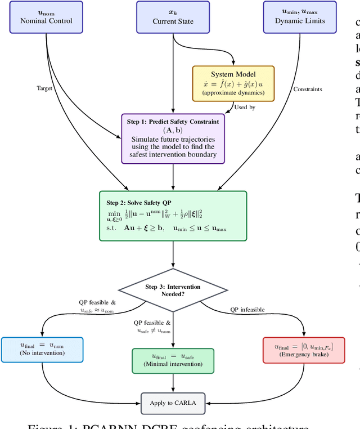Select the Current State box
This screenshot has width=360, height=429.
(173, 17)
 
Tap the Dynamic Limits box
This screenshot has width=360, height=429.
(300, 17)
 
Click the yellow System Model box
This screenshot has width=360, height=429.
(233, 83)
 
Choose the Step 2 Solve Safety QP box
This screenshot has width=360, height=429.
(173, 216)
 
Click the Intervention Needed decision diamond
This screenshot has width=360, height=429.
(173, 291)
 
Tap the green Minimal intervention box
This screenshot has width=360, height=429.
(173, 360)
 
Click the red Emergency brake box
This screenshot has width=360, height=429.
(303, 350)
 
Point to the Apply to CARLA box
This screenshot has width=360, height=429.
(173, 403)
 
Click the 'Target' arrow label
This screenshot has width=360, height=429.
(45, 88)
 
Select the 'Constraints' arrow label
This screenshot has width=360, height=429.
(308, 88)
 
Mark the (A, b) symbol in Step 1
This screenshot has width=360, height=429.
(173, 131)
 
